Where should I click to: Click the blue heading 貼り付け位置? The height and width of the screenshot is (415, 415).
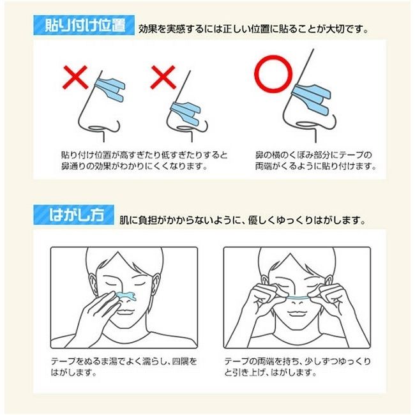point(84,26)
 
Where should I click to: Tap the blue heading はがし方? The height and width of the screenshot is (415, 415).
point(74,215)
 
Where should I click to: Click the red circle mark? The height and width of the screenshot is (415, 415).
point(273,74)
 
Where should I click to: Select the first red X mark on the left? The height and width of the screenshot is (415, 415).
point(75,77)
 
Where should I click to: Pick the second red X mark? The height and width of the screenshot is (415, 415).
point(163,77)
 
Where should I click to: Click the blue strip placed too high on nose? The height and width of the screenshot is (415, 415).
point(110,89)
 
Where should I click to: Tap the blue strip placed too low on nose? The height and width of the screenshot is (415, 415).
point(186,113)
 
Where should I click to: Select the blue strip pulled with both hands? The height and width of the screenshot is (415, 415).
point(298,298)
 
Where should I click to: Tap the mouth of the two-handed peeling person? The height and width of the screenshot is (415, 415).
point(298,314)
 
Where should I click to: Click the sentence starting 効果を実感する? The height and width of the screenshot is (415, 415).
point(253,29)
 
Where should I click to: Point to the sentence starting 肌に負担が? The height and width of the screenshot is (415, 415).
point(242,220)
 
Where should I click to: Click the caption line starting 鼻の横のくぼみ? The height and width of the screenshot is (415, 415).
point(313,155)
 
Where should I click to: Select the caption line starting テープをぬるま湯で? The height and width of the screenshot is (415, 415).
point(124,361)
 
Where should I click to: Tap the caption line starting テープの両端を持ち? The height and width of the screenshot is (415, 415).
point(298,361)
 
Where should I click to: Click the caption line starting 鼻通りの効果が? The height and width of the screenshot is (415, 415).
point(133,166)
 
